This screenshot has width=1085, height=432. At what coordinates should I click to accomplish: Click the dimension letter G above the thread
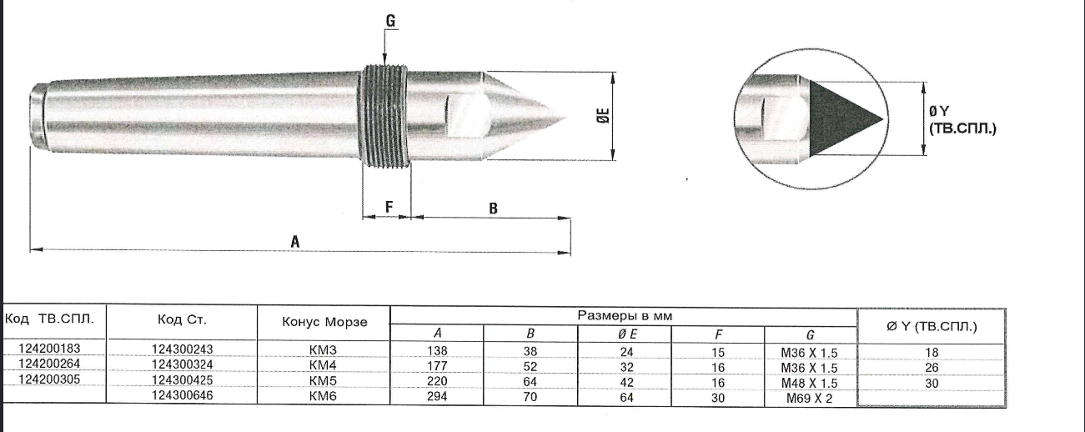click(x=390, y=19)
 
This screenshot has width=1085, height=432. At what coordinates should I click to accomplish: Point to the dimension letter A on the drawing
click(x=294, y=239)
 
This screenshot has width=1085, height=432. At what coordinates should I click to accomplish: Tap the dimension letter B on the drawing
click(x=493, y=208)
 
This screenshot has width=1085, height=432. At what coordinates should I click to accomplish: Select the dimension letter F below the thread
click(x=388, y=206)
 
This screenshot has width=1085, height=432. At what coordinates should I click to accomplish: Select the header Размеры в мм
click(x=624, y=316)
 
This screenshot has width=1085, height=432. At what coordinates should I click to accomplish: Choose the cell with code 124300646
click(x=186, y=395)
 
